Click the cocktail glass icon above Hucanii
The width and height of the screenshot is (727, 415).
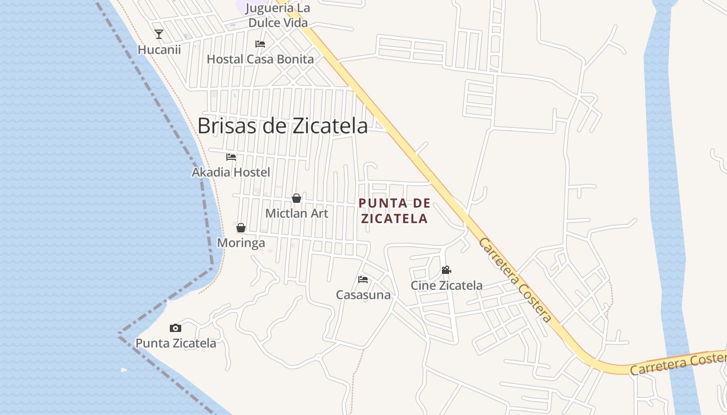(159, 34)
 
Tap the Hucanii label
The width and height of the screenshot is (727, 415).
(159, 50)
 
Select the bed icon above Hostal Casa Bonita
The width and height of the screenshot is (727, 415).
(260, 44)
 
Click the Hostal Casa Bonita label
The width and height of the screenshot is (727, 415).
(260, 59)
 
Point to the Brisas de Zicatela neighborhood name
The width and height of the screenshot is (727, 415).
(282, 126)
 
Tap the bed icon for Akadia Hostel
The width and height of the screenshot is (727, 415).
(231, 157)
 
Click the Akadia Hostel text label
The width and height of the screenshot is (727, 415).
(231, 172)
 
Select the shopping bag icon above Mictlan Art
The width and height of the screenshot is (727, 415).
(297, 198)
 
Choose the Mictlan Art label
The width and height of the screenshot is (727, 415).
(297, 213)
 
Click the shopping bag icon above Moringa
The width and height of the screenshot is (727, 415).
(241, 228)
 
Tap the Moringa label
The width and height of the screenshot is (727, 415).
(241, 243)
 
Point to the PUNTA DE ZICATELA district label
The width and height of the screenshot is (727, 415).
(395, 211)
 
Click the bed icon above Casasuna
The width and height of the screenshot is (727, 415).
(363, 280)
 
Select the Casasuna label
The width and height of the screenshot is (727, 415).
(363, 295)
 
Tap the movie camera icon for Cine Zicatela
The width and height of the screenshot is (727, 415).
(446, 270)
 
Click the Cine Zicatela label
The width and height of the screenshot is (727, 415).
(447, 285)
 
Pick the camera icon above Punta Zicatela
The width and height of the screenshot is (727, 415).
(176, 328)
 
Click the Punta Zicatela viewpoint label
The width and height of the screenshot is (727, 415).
(176, 343)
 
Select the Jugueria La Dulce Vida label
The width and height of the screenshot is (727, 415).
(278, 15)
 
